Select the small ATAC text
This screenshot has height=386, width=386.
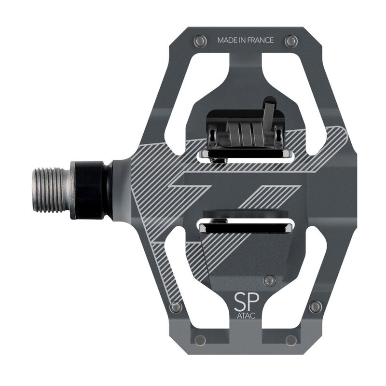[x=246, y=316]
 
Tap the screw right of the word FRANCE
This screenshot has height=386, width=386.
[x=291, y=41]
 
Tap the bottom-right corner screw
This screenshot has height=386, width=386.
[x=291, y=340]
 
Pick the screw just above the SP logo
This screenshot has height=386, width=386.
[x=270, y=280]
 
